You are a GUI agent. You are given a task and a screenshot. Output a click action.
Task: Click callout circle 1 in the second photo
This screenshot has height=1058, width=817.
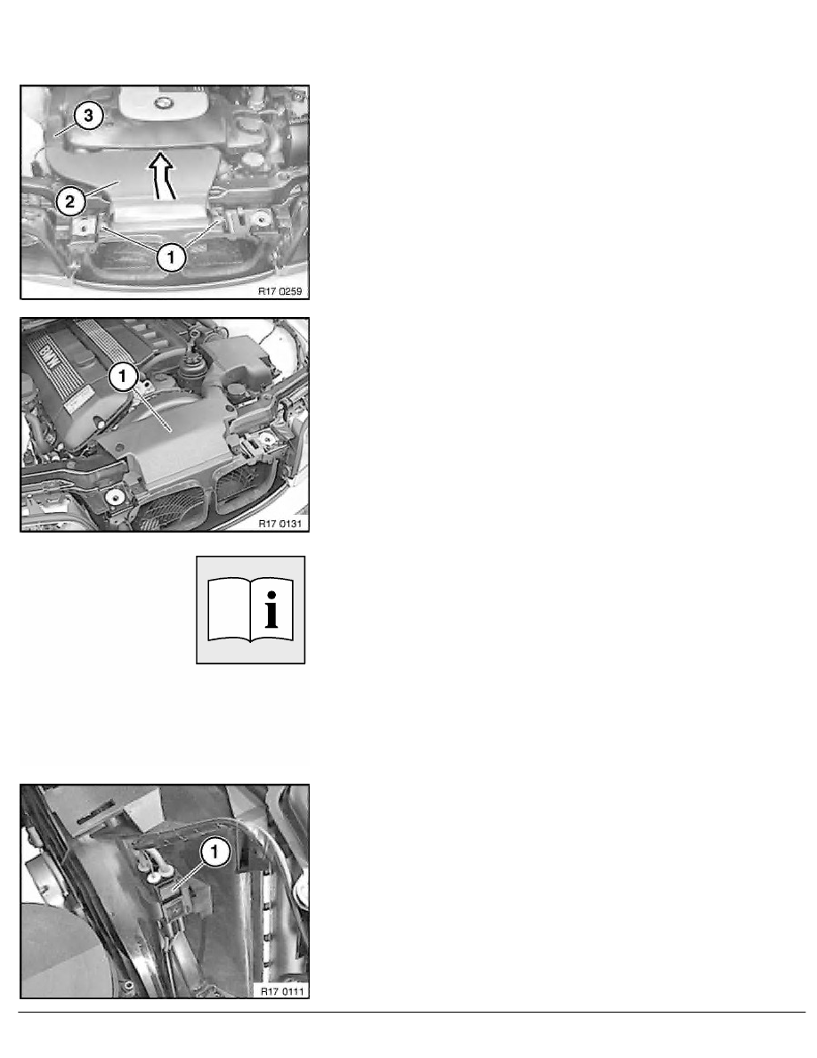click(x=123, y=378)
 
